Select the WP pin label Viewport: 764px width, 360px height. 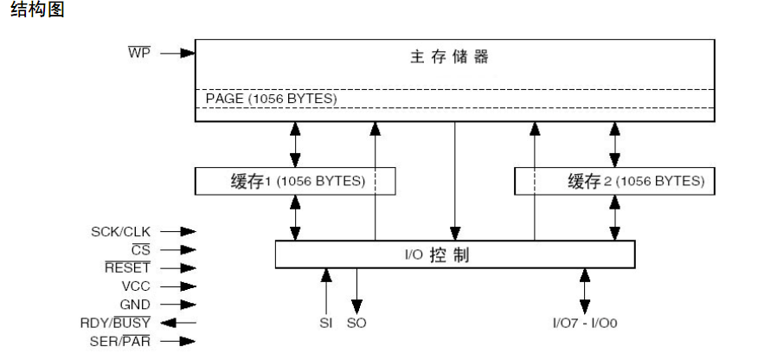click(139, 53)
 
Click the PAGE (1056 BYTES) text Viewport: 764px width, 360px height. click(270, 99)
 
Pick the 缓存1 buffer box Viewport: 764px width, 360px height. click(295, 181)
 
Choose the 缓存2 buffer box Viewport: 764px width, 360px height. click(614, 181)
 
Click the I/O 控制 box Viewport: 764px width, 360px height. click(454, 254)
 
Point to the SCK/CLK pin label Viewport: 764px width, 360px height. click(120, 232)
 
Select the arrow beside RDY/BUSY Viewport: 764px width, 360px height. click(177, 323)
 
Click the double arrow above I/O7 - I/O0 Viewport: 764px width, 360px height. click(585, 291)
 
